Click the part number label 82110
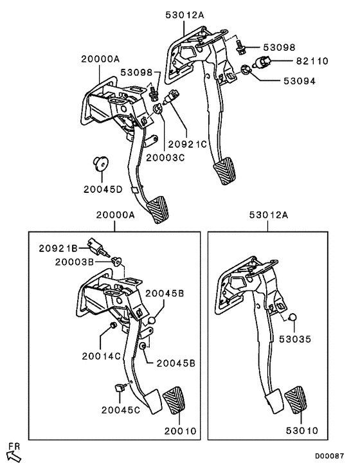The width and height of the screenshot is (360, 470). point(312,61)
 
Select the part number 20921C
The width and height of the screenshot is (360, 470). point(187,145)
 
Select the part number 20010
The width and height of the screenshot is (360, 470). point(181,431)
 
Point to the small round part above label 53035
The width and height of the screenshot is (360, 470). point(291,317)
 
